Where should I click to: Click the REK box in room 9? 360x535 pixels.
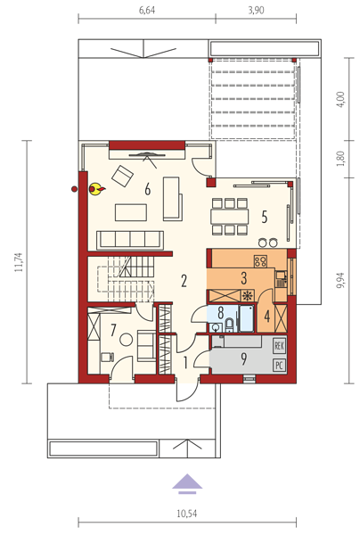[279, 346]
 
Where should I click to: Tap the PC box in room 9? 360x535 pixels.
[279, 366]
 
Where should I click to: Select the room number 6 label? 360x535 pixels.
[147, 189]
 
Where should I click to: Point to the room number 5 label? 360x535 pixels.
[264, 217]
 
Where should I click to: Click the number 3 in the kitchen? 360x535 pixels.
[244, 278]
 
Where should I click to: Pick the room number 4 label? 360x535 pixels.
[267, 316]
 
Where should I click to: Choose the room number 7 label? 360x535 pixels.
[113, 330]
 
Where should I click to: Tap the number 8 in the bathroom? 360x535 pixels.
[221, 313]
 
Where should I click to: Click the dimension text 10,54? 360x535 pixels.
[187, 514]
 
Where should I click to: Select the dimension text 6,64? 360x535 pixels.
[147, 10]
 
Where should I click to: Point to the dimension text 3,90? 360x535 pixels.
[256, 10]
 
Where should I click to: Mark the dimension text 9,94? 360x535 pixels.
[340, 280]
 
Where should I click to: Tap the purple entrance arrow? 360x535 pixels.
[187, 483]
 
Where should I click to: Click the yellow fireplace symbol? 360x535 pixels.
[96, 188]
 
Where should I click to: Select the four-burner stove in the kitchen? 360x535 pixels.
[260, 261]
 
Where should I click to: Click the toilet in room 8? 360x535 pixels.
[229, 325]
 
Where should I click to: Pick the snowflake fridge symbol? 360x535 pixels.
[248, 295]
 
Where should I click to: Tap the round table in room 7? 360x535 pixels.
[126, 339]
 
